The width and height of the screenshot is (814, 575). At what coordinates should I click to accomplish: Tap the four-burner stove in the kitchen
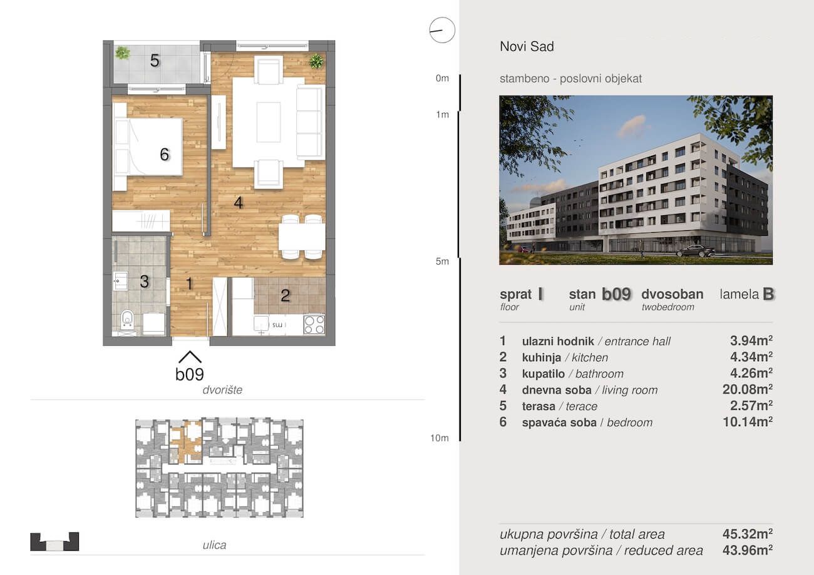[314, 325]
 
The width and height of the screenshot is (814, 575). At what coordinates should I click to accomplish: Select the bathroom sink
[120, 282]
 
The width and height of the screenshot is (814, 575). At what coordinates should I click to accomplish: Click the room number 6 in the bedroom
[165, 155]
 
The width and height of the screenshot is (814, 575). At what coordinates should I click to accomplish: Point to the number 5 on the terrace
[155, 61]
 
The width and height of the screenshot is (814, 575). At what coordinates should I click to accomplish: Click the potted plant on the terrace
[123, 53]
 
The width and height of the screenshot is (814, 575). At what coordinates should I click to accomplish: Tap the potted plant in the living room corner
[316, 61]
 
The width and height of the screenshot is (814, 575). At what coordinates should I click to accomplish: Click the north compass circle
[442, 30]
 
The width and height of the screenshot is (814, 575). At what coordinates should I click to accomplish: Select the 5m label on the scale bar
[442, 262]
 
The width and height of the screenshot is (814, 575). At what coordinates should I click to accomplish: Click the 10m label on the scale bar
[440, 438]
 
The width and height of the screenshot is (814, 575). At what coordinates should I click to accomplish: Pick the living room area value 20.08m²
[748, 389]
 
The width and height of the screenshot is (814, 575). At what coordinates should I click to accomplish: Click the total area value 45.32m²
[748, 534]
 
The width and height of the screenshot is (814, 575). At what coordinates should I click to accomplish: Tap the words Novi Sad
[527, 46]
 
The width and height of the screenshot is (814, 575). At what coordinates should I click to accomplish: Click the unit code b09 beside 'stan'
[616, 294]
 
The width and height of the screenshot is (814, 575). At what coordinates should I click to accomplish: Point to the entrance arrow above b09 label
[190, 357]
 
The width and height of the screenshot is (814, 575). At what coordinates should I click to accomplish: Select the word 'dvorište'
[222, 390]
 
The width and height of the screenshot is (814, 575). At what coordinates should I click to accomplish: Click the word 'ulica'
[214, 545]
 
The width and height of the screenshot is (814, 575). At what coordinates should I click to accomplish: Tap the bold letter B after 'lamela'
[768, 294]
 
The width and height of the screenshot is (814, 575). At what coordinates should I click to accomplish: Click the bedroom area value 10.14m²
[748, 422]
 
